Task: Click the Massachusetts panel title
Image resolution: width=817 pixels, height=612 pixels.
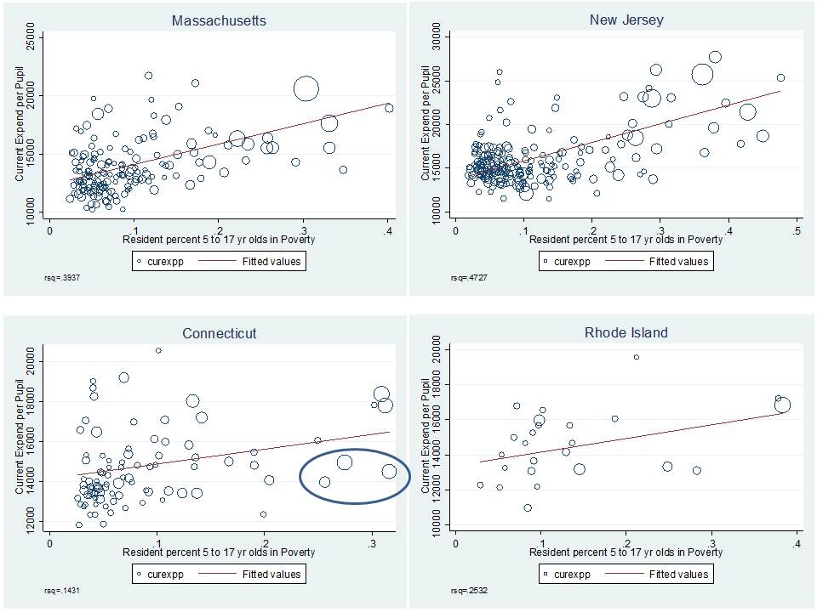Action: pos(219,20)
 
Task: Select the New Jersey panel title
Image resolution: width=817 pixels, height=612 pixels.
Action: pos(626,20)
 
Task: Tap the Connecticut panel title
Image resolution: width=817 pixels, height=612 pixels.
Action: pos(219,333)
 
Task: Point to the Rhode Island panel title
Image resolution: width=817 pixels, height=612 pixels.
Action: pos(626,332)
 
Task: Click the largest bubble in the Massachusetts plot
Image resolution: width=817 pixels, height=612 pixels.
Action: pos(306,88)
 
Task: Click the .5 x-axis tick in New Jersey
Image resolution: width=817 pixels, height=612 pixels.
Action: pos(797,230)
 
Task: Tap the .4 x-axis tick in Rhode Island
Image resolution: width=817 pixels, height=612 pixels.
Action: pos(797,543)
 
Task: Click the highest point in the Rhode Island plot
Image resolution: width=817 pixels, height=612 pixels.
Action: pos(636,357)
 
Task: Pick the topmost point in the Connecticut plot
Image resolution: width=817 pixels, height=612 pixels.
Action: pos(158,350)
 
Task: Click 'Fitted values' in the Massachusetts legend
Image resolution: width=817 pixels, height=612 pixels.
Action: pos(270,262)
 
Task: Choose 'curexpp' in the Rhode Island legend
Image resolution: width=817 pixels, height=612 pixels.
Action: pos(571,575)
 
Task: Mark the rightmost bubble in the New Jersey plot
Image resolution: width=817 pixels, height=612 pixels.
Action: pos(780,77)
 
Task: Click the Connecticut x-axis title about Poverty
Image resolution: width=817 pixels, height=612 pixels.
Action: pos(219,552)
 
